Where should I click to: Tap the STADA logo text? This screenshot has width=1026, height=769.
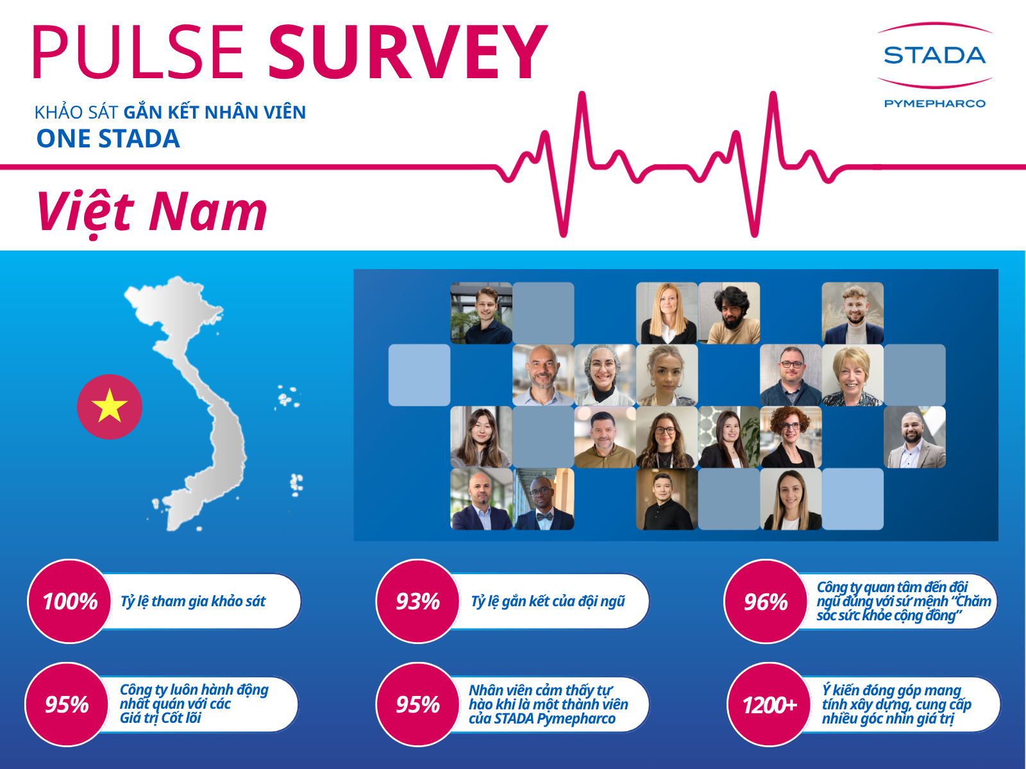tap(934, 56)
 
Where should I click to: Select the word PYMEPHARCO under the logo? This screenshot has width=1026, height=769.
tap(934, 103)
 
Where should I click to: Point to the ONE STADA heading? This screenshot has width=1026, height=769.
tap(108, 138)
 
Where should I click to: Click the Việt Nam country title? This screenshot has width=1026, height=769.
tap(151, 213)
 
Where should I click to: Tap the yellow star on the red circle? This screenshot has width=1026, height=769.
tap(110, 405)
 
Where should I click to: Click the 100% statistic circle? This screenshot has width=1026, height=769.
tap(70, 601)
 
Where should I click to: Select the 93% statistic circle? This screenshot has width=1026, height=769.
tap(418, 601)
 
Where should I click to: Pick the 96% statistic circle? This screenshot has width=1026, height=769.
tap(766, 601)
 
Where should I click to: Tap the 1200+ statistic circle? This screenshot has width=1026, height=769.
tap(769, 704)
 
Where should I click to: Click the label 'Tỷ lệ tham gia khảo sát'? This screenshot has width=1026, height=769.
tap(193, 602)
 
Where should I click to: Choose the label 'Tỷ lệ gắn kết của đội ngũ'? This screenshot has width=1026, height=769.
tap(548, 602)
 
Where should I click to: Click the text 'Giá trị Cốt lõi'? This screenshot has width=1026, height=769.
tap(160, 718)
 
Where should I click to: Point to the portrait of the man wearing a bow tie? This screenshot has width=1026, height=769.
tap(543, 499)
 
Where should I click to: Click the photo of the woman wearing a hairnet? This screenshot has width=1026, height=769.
tap(605, 375)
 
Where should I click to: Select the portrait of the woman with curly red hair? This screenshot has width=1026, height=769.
tap(791, 437)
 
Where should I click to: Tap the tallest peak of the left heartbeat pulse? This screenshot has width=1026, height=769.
tap(582, 94)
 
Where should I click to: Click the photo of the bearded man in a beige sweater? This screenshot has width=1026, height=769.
tap(728, 313)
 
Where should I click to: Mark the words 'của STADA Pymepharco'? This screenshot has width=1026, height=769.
tap(542, 718)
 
